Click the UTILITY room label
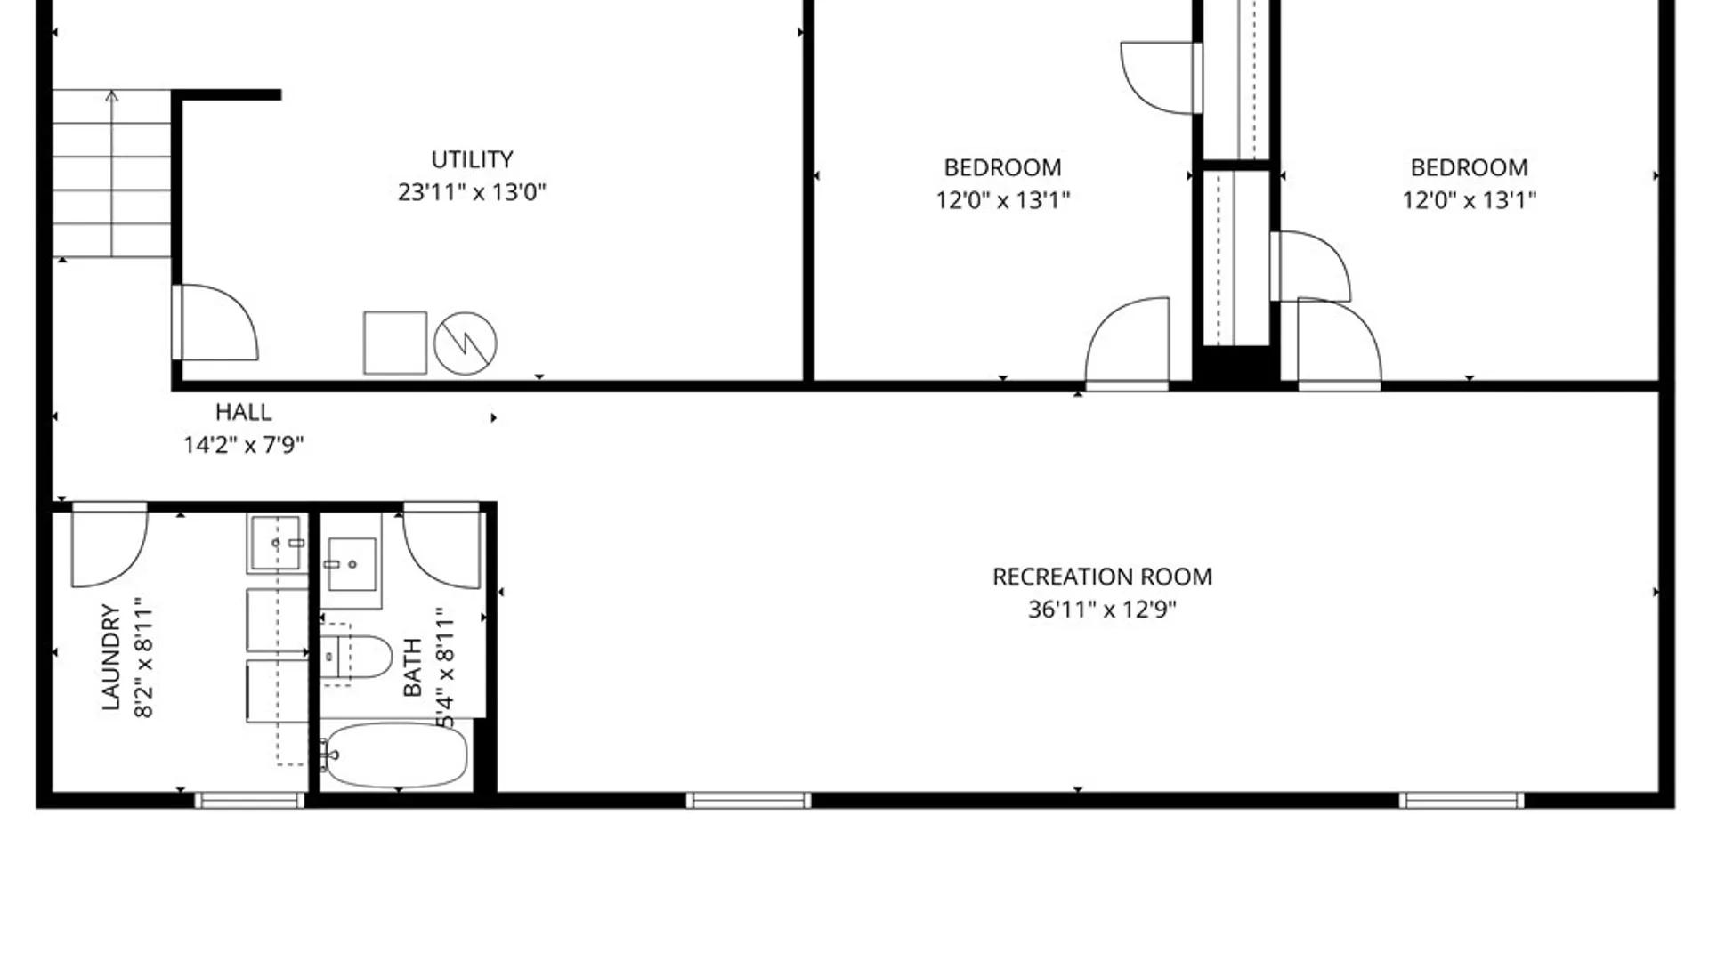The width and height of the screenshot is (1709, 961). point(472,159)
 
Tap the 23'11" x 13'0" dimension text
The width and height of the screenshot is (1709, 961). point(472,192)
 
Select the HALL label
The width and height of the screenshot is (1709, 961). point(243,412)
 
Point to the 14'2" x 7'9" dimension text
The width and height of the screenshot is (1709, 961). point(244,444)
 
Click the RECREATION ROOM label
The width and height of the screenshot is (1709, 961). point(1102,577)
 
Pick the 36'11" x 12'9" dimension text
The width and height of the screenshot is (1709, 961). point(1102,610)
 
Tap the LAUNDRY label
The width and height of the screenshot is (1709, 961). point(110,657)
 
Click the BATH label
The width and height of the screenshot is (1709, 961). point(412,667)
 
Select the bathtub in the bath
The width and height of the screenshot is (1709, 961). point(394,755)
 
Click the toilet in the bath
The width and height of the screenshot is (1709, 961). point(357,657)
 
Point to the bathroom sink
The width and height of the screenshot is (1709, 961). point(352,564)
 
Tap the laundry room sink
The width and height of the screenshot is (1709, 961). point(277,542)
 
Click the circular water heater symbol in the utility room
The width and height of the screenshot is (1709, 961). point(466,343)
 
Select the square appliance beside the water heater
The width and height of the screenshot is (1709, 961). point(395,343)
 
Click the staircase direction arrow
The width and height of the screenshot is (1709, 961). point(111,174)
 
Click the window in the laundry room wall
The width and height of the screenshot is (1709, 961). point(249,801)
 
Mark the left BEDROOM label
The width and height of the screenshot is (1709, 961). point(1002,167)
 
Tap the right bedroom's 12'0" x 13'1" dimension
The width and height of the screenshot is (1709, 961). point(1470,200)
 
